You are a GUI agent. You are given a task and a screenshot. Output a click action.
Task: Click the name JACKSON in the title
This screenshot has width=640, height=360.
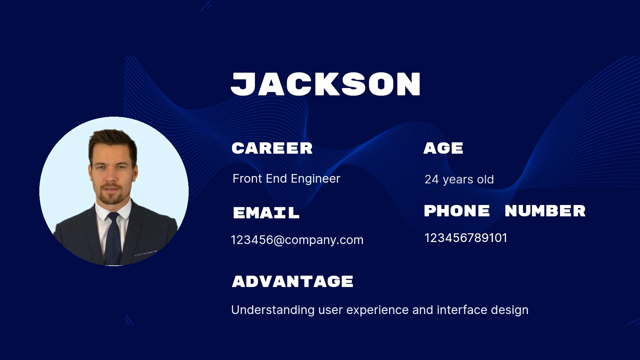point(326,84)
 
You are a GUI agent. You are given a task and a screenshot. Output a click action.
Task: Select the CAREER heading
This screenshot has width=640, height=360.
point(272,148)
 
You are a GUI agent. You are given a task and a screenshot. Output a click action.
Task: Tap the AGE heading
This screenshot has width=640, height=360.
point(443,148)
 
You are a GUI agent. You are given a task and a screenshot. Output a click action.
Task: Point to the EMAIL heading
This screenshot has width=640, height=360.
point(266,213)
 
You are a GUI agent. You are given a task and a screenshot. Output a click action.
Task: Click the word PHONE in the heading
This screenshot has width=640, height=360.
point(457,211)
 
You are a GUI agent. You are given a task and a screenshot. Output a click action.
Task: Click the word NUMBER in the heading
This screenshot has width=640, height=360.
point(545,211)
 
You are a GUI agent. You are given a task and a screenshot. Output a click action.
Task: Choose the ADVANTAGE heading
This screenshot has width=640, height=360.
point(292,281)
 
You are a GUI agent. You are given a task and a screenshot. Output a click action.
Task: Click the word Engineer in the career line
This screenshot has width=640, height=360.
point(315,179)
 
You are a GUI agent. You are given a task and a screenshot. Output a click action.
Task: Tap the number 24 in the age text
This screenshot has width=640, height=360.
point(432,179)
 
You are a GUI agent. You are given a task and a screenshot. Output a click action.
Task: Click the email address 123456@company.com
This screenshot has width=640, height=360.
point(297,240)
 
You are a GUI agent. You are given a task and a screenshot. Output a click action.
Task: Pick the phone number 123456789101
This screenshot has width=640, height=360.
point(466,238)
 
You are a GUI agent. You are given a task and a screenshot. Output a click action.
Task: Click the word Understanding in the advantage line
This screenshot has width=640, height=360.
point(273,310)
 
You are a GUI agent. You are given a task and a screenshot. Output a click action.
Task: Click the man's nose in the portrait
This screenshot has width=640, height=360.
point(111,177)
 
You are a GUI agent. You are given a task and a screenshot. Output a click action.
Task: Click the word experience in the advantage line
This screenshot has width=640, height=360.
point(378,310)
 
